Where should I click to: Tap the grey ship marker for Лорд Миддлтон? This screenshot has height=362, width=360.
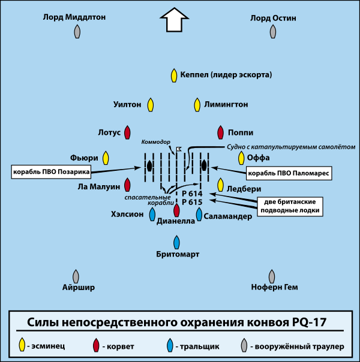click(x=77, y=32)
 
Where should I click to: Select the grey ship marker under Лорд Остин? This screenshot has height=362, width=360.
click(x=274, y=32)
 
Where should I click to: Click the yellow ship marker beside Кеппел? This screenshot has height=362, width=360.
click(x=174, y=76)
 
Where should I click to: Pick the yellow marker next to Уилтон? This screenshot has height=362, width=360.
click(x=151, y=104)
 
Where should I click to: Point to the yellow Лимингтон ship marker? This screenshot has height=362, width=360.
click(x=196, y=104)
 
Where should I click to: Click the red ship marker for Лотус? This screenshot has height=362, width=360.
click(x=127, y=132)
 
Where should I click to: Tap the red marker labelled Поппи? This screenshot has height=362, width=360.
click(x=220, y=132)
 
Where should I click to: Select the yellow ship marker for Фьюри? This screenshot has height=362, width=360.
click(x=106, y=158)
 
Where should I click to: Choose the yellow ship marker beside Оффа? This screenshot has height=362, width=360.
click(x=241, y=158)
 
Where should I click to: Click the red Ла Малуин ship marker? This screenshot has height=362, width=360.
click(x=127, y=185)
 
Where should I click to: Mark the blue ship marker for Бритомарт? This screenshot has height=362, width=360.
click(x=176, y=242)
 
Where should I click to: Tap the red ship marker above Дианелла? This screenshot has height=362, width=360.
click(x=176, y=210)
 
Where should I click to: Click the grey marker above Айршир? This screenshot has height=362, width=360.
click(x=76, y=276)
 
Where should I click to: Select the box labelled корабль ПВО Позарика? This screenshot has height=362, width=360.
click(x=50, y=171)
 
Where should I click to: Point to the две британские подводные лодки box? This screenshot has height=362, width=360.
click(x=289, y=206)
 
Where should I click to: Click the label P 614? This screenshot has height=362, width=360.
click(x=192, y=194)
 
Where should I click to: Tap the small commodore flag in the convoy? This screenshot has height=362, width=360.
click(x=178, y=147)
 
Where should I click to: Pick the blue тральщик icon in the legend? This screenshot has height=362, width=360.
click(x=170, y=345)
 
